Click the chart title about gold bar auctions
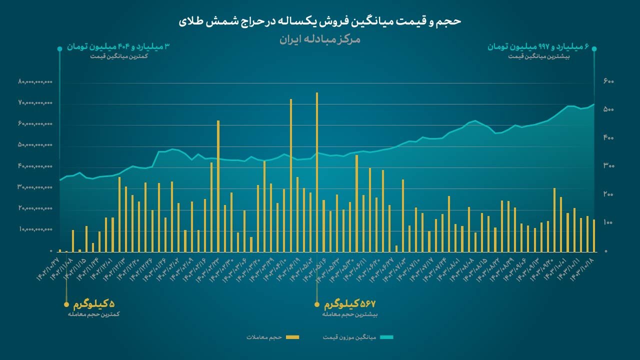(320, 21)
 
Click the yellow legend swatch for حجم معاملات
(292, 337)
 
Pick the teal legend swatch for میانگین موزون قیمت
(386, 337)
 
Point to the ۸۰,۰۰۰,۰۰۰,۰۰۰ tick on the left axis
(35, 81)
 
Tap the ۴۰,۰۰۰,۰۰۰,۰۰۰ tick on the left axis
(35, 166)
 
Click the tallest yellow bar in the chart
(317, 170)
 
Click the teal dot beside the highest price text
(594, 48)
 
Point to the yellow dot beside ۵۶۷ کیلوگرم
(316, 304)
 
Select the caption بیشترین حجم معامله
(350, 314)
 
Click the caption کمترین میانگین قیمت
(119, 56)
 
